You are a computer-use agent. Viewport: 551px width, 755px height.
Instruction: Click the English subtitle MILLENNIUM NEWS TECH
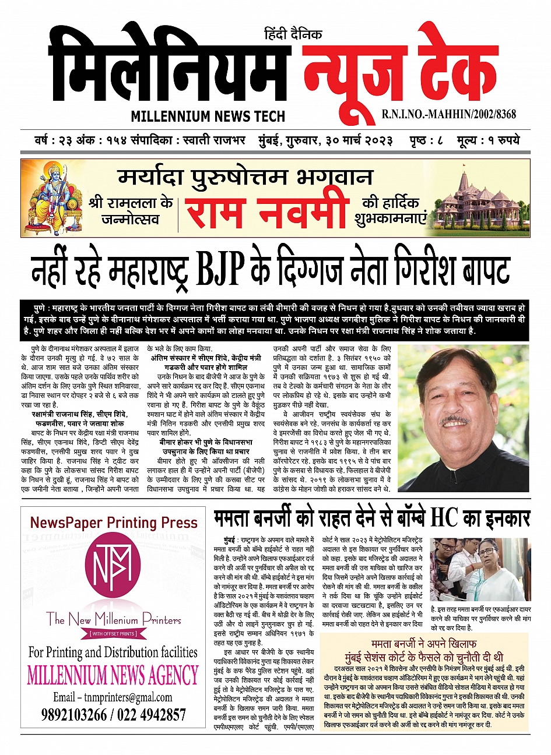208,116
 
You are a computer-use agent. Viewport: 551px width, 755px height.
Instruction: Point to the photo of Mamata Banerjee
480,568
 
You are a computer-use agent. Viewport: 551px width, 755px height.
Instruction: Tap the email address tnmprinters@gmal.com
113,697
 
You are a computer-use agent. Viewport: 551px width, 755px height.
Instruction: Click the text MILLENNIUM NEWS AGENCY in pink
113,675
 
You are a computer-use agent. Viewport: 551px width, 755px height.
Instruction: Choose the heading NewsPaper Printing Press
114,523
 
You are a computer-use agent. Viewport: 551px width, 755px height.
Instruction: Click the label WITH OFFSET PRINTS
113,633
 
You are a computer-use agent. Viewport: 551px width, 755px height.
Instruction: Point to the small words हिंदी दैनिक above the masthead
293,34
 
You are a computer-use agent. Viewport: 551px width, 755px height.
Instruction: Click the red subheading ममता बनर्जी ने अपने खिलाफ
424,643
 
